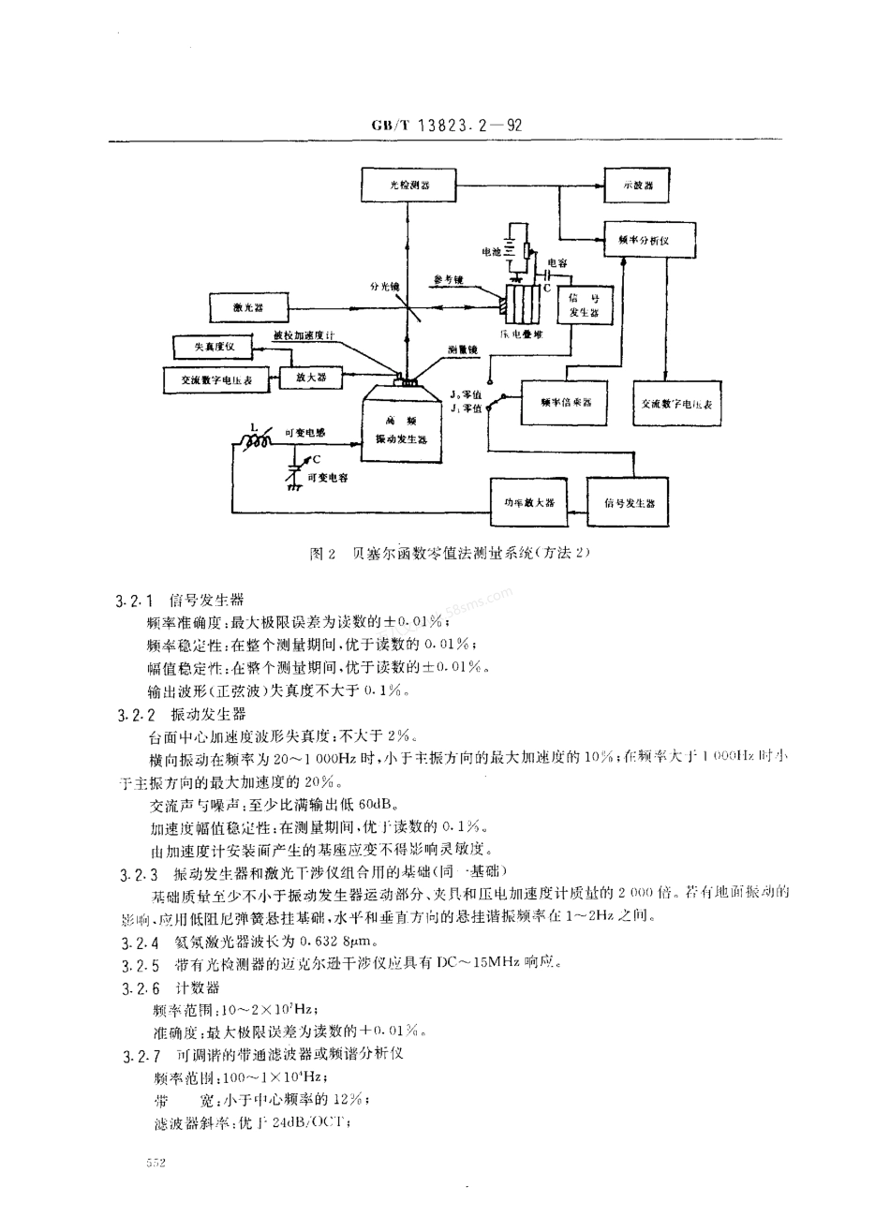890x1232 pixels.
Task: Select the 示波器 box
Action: point(638,186)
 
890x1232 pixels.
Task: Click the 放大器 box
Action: point(316,378)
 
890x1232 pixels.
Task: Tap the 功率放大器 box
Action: point(531,502)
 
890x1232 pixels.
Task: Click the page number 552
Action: point(156,1163)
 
